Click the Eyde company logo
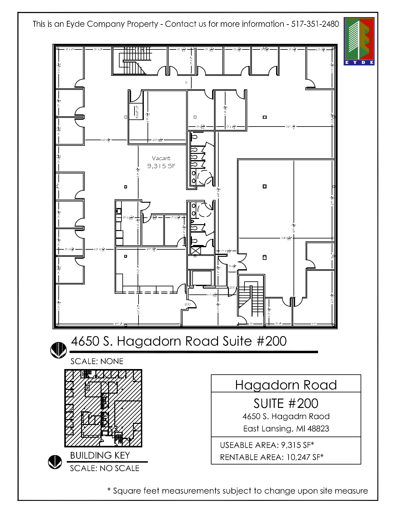(359, 41)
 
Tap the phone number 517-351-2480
(315, 24)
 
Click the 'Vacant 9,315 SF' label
(161, 162)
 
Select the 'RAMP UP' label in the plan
(137, 112)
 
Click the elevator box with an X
(196, 251)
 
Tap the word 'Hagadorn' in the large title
(148, 341)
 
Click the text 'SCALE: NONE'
(97, 361)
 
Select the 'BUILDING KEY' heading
(100, 455)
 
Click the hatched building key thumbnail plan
(103, 408)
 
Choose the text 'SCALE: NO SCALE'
(104, 468)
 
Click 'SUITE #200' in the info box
(286, 404)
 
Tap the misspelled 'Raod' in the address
(319, 417)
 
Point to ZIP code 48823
(318, 429)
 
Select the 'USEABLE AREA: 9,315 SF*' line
(267, 445)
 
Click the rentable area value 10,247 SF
(305, 457)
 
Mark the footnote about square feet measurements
(238, 491)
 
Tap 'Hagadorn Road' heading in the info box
(286, 385)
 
